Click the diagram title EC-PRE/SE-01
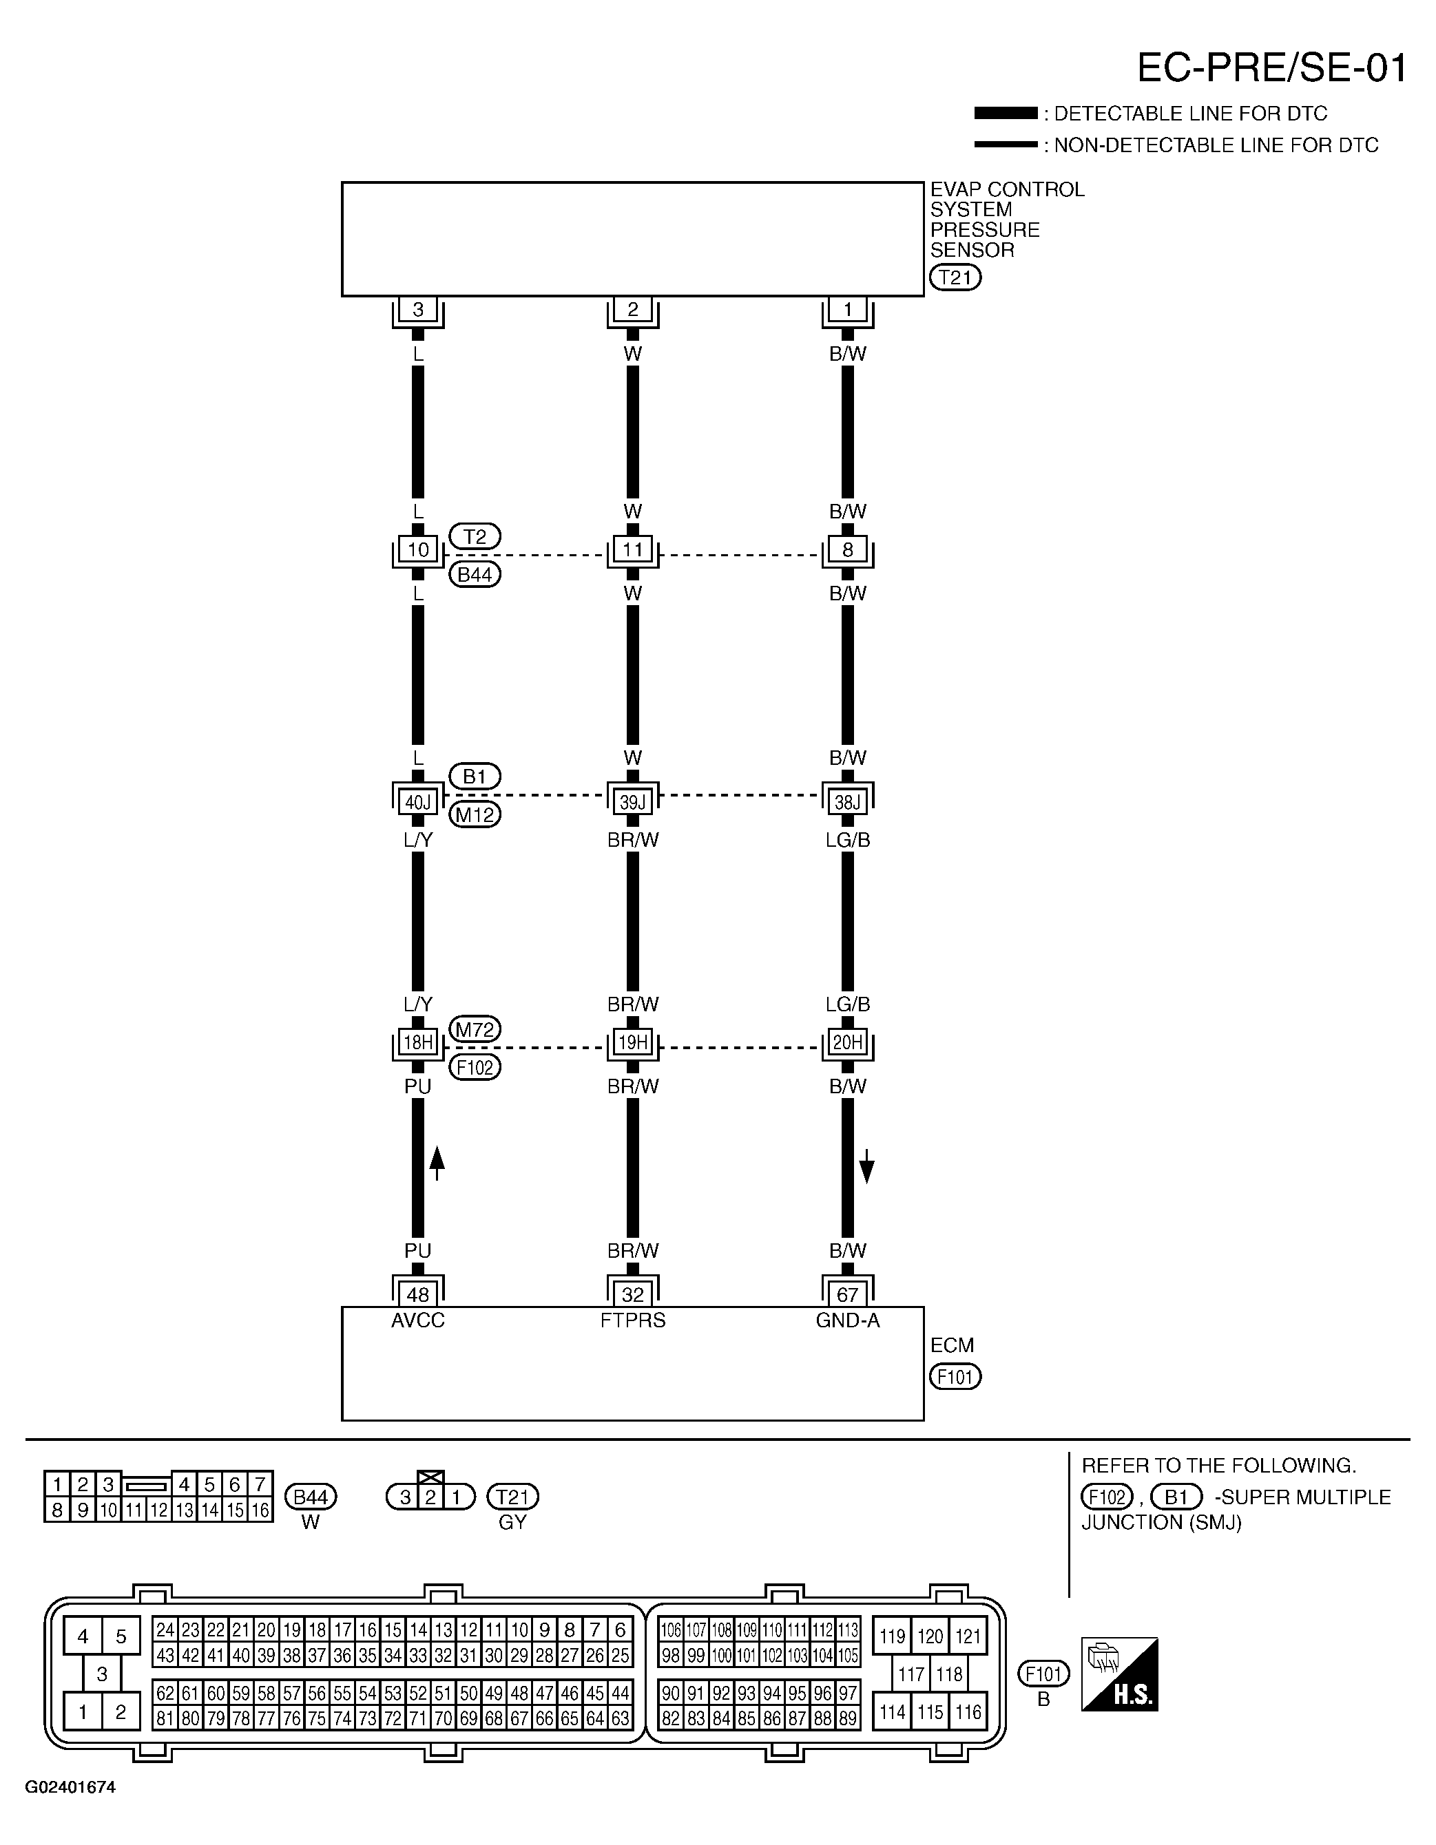tap(1271, 67)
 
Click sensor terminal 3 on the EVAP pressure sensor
tap(417, 310)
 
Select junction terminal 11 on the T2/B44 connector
tap(632, 550)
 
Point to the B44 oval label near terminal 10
tap(475, 574)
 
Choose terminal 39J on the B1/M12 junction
tap(632, 802)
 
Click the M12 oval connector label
tap(475, 814)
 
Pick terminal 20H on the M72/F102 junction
tap(847, 1042)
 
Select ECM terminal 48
tap(417, 1294)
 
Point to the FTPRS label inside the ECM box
tap(632, 1320)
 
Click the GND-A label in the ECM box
tap(847, 1320)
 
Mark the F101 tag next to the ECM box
tap(955, 1377)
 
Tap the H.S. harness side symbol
tap(1119, 1674)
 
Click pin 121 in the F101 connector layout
tap(968, 1636)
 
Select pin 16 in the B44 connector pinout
tap(260, 1510)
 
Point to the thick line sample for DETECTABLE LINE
tap(1005, 113)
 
